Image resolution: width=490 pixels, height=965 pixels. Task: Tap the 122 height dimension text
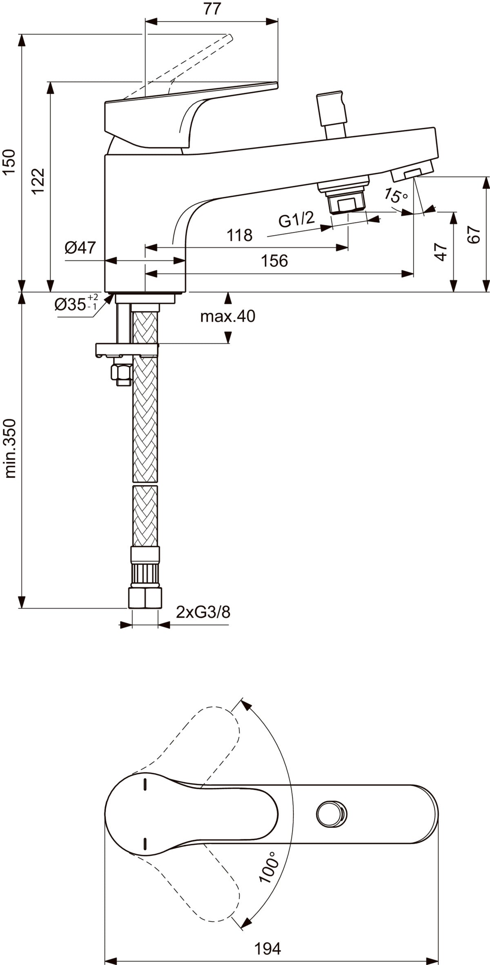click(38, 181)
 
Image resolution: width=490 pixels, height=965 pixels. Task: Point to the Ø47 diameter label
click(80, 247)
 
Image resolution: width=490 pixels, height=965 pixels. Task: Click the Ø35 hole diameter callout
click(76, 304)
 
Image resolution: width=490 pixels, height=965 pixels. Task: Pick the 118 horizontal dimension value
click(240, 235)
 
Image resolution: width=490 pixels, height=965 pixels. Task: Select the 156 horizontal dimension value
click(274, 260)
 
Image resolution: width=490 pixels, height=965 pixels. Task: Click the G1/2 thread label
click(297, 219)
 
